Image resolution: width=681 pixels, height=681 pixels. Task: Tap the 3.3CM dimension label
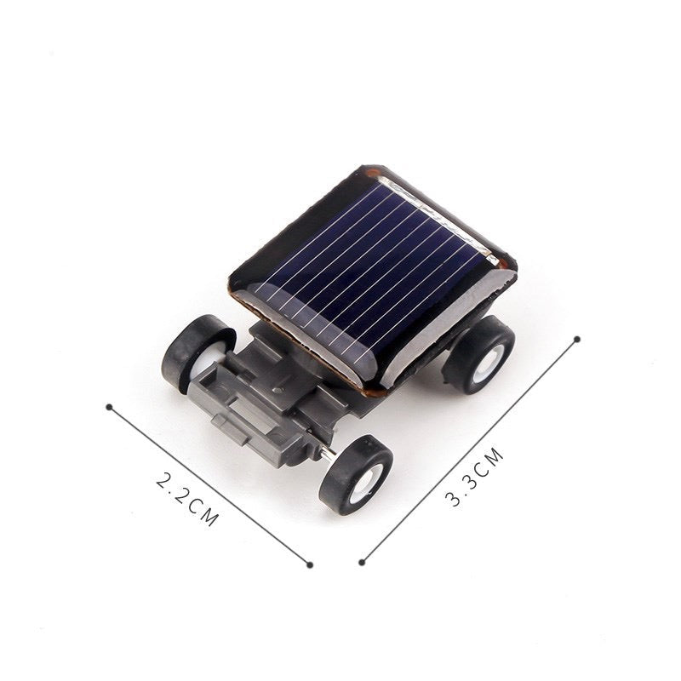tap(475, 480)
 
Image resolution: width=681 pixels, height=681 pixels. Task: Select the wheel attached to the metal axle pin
tap(355, 474)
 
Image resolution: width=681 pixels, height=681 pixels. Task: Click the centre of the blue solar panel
tap(375, 272)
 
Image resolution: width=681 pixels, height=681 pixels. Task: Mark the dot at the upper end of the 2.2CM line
tap(109, 406)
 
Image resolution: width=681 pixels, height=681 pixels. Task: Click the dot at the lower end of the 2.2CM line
tap(311, 564)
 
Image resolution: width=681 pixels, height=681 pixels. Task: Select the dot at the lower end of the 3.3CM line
tap(363, 561)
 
